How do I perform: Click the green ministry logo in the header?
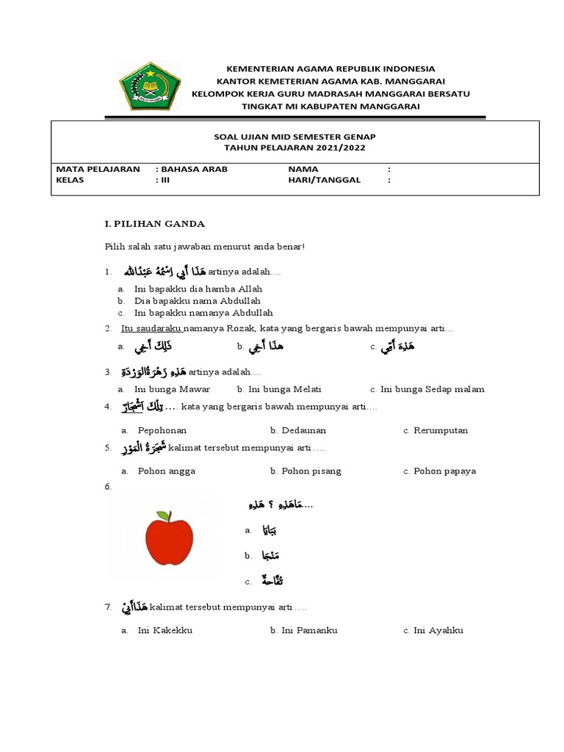coord(149,86)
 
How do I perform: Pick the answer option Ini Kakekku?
coord(164,630)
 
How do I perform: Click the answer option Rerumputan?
coord(440,430)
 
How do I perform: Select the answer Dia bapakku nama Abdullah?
coord(198,300)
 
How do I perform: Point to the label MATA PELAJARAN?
coord(98,169)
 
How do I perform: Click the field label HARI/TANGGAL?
coord(325,180)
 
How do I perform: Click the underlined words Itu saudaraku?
coord(151,328)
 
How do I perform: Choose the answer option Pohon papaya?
coord(444,471)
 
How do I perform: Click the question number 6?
coord(108,487)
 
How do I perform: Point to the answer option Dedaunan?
coord(302,430)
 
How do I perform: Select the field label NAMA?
coord(303,169)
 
